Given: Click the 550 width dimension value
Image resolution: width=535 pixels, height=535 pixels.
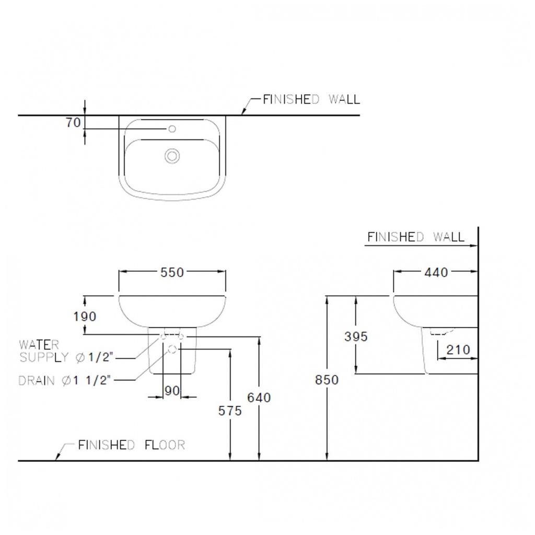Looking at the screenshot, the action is (x=172, y=272).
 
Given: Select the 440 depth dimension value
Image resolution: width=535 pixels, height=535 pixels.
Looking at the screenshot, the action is (x=436, y=272).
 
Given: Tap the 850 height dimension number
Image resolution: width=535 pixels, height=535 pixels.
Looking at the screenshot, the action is (x=327, y=380).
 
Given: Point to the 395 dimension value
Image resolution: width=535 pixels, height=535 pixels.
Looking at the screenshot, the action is (x=356, y=336).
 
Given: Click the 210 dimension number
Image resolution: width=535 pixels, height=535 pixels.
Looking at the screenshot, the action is (x=458, y=350).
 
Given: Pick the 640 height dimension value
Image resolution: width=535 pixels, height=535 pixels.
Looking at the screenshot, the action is (x=259, y=398).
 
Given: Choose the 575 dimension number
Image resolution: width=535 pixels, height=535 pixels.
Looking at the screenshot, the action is (x=230, y=411).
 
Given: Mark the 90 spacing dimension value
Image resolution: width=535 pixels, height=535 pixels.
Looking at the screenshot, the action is (x=172, y=391).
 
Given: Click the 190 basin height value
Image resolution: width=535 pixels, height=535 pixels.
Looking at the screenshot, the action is (x=85, y=316).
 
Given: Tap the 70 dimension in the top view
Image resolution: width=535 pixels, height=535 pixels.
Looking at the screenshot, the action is (x=73, y=122).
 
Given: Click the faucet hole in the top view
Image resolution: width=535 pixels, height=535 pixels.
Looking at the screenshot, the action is (x=172, y=129).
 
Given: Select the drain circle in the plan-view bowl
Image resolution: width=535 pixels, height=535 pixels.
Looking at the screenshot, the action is (x=172, y=156).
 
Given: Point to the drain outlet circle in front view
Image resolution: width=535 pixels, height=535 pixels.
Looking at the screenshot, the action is (x=172, y=349).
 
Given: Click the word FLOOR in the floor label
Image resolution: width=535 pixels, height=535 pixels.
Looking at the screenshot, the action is (x=165, y=445).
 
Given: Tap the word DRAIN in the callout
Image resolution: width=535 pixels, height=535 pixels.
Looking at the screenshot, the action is (x=37, y=380).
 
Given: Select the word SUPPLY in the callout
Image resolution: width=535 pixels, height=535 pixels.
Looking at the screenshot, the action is (x=44, y=357).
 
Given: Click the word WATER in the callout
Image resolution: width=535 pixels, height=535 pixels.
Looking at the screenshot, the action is (x=39, y=345).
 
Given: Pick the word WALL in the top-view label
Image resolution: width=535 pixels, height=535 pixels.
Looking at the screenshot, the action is (x=344, y=99).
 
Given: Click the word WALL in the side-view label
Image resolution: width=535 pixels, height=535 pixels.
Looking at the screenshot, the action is (x=449, y=237).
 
